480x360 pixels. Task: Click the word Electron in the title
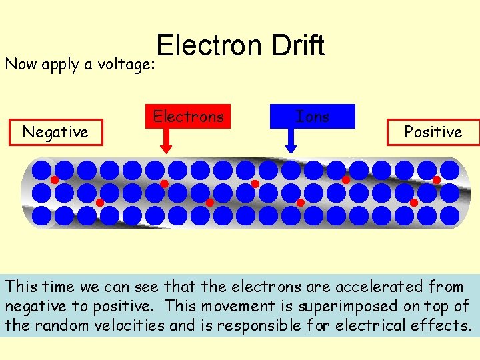(x=210, y=46)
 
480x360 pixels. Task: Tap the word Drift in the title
(x=298, y=46)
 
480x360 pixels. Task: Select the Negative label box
(x=55, y=132)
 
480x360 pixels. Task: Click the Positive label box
(x=433, y=132)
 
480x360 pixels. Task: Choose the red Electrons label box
(x=189, y=117)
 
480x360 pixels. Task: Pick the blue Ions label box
(x=313, y=117)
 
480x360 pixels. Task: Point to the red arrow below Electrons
(x=166, y=140)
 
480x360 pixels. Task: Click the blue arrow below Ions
(x=291, y=140)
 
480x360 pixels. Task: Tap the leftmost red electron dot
(x=55, y=180)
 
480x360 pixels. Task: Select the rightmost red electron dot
(x=437, y=180)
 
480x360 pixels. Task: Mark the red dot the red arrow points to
(x=164, y=184)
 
